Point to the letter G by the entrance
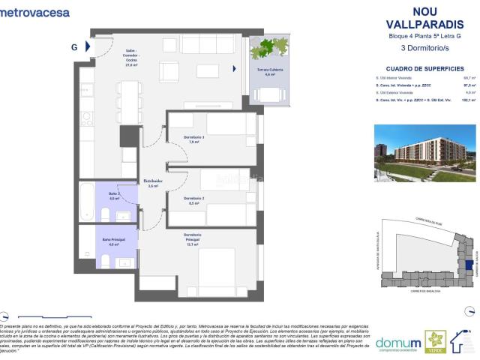(74, 46)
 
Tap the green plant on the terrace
(267, 47)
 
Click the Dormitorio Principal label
(194, 238)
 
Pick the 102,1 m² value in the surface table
(469, 98)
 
